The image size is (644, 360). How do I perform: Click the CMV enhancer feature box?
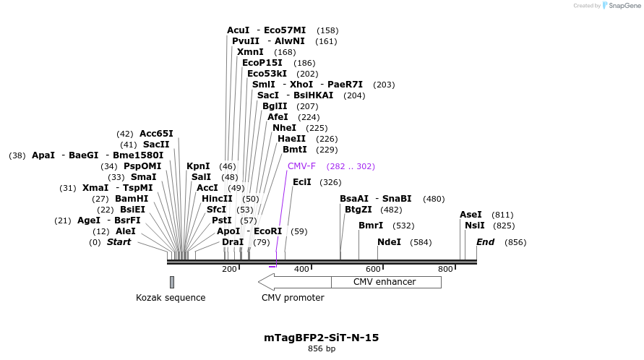click(x=384, y=282)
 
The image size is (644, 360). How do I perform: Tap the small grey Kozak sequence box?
click(x=172, y=282)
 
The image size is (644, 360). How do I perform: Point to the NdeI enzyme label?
click(x=389, y=242)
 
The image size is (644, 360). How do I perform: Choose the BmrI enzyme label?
click(x=371, y=226)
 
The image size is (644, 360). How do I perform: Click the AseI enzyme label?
click(x=471, y=215)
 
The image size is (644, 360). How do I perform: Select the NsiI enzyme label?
click(x=475, y=226)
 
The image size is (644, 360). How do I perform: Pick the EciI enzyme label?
click(x=302, y=182)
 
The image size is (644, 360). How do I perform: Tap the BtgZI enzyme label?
click(x=358, y=210)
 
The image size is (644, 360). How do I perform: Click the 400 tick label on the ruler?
click(x=301, y=269)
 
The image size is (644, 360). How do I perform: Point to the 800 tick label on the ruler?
click(x=445, y=269)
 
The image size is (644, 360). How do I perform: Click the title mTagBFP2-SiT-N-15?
click(x=322, y=338)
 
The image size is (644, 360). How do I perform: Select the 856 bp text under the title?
click(x=322, y=349)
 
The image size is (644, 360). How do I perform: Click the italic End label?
click(x=486, y=242)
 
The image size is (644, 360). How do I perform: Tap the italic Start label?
click(x=119, y=242)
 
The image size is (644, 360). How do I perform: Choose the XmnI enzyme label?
click(x=250, y=52)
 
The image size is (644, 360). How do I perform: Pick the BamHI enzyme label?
click(x=132, y=199)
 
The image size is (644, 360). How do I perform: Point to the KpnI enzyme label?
click(x=198, y=166)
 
